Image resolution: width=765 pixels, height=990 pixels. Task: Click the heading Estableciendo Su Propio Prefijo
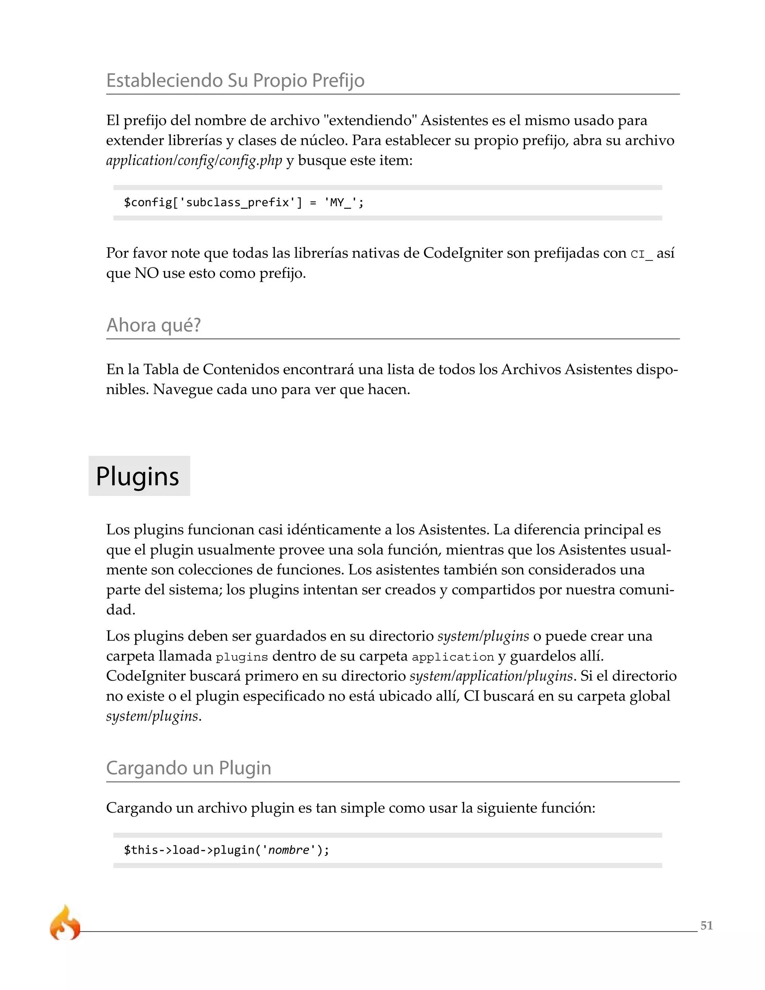pyautogui.click(x=235, y=80)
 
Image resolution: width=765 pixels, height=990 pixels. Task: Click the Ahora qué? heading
pyautogui.click(x=153, y=325)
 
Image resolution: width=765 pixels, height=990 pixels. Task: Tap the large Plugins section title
pyautogui.click(x=138, y=476)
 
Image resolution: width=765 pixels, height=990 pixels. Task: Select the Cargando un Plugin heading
pyautogui.click(x=189, y=768)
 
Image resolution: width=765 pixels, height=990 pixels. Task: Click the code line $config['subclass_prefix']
pyautogui.click(x=244, y=202)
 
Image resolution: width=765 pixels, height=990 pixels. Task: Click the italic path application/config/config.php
pyautogui.click(x=194, y=161)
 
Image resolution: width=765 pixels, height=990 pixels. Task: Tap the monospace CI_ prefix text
pyautogui.click(x=642, y=254)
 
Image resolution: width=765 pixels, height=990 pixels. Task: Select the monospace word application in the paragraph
pyautogui.click(x=453, y=657)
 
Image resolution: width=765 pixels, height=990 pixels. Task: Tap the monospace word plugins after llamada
pyautogui.click(x=242, y=657)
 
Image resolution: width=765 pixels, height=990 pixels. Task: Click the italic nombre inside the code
pyautogui.click(x=289, y=850)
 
